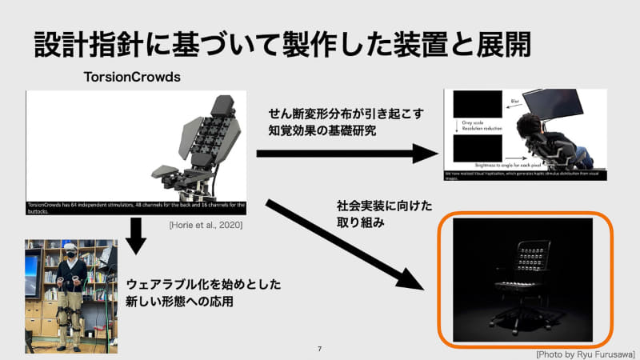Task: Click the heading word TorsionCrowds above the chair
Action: coord(132,78)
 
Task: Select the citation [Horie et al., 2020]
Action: coord(206,226)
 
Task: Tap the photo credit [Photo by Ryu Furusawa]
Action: coord(586,352)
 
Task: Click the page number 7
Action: coord(319,350)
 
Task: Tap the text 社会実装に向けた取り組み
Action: coord(370,214)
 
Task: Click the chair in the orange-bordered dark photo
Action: coord(523,280)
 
